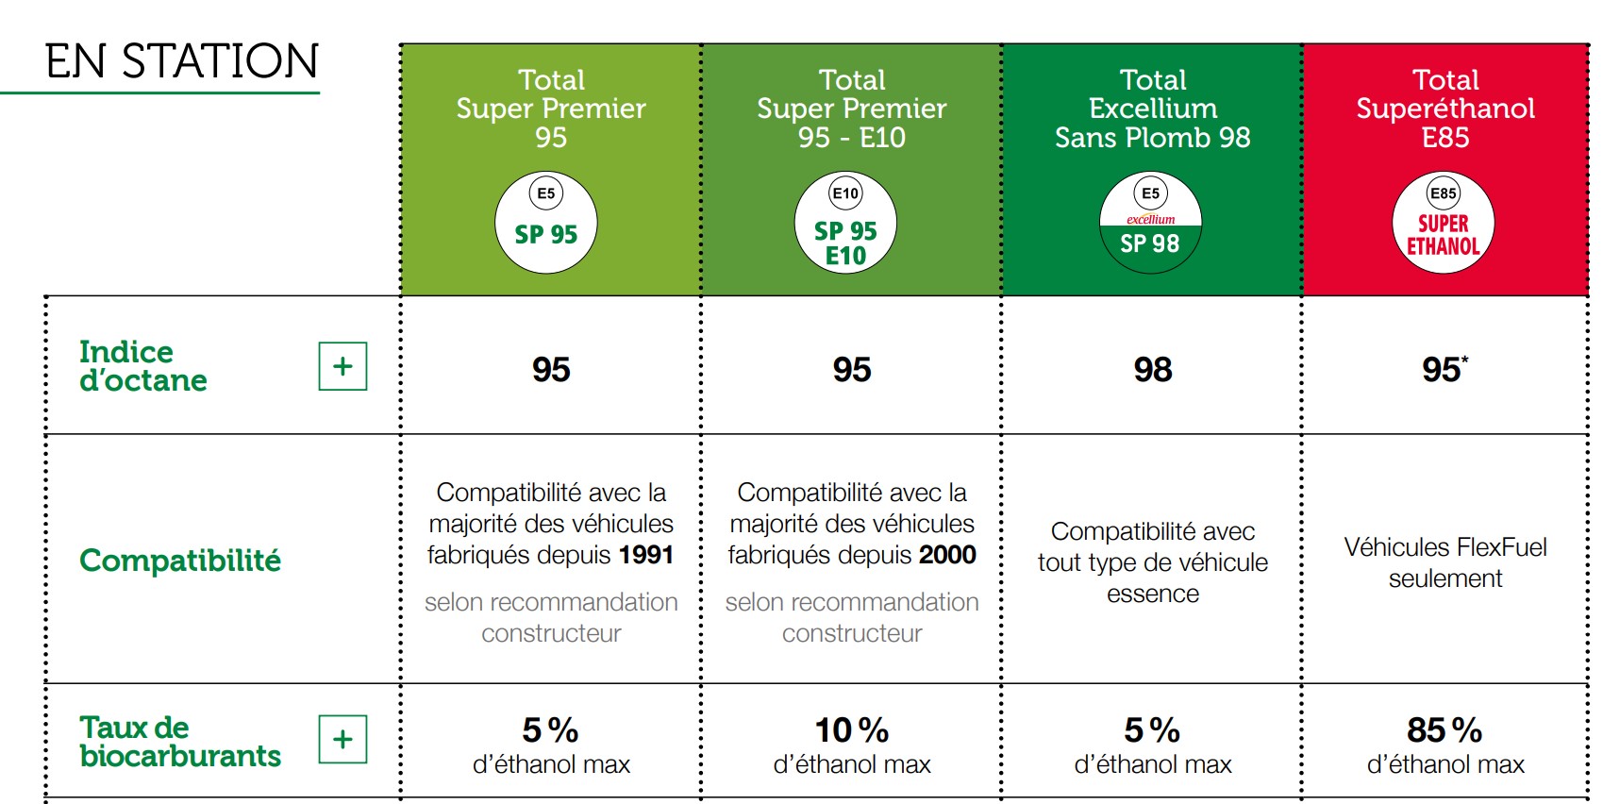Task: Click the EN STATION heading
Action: [x=182, y=60]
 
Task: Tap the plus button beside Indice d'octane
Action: [x=342, y=366]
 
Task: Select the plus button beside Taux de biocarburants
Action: [x=342, y=739]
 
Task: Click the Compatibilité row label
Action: [x=180, y=560]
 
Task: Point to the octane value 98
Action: [x=1152, y=369]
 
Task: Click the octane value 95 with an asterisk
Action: [x=1444, y=369]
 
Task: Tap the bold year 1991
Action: [x=646, y=555]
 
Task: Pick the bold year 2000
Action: [x=947, y=555]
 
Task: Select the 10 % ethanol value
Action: [x=852, y=730]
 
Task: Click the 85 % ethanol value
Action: [x=1444, y=730]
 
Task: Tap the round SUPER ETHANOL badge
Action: [x=1444, y=223]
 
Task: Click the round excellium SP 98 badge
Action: [x=1150, y=223]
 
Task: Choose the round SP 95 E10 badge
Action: [x=845, y=223]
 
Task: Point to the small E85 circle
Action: [x=1443, y=193]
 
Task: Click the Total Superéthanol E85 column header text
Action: [x=1444, y=109]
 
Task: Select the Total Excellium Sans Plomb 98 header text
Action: [x=1152, y=109]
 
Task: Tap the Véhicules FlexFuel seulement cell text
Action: [x=1444, y=562]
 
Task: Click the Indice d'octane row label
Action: [x=143, y=366]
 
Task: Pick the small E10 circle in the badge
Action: [x=845, y=193]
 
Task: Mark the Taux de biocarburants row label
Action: [x=180, y=742]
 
